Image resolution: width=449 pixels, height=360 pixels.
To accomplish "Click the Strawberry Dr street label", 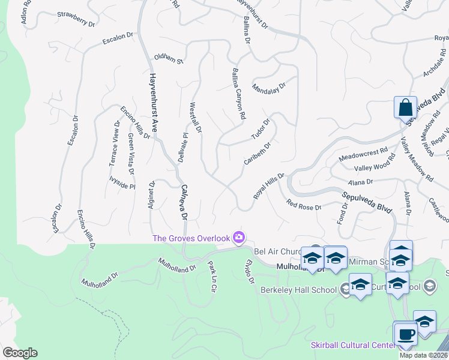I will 76,19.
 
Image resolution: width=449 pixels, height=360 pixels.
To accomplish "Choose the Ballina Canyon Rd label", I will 238,93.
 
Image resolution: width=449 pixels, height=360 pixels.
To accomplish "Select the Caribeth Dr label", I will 258,153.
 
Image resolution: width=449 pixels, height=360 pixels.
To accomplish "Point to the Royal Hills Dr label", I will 268,185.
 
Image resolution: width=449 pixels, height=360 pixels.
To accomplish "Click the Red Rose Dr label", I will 304,206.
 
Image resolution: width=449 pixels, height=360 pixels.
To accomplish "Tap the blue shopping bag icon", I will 405,109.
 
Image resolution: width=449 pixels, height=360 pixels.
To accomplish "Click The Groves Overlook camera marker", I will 240,238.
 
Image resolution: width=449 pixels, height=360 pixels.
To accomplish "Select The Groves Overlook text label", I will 191,238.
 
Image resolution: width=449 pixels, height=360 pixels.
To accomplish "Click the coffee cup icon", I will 405,333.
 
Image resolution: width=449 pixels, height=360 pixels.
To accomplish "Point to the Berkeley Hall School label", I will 298,289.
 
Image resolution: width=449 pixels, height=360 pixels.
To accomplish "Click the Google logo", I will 20,353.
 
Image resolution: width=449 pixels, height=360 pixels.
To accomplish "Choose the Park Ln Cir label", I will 211,276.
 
